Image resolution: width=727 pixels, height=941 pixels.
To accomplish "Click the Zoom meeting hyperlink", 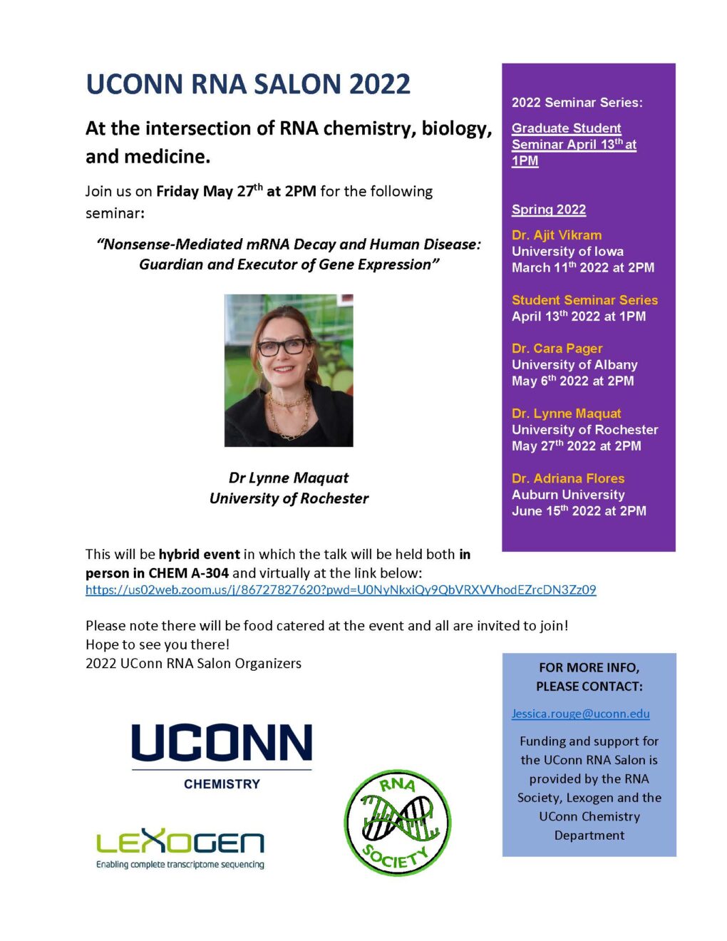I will pos(341,590).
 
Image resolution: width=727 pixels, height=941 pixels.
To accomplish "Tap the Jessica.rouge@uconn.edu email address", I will pos(580,714).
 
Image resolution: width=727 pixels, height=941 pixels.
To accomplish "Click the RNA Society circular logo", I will pos(397,822).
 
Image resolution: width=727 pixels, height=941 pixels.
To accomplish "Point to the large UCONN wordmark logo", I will pos(222,743).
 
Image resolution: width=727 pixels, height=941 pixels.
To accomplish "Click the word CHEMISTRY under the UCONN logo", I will pos(222,784).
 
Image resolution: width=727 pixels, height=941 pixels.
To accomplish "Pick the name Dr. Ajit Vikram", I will pos(557,235).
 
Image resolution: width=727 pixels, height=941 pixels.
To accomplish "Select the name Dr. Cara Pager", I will pos(557,349).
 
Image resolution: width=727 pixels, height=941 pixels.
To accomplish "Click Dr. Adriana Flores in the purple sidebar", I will pos(568,478).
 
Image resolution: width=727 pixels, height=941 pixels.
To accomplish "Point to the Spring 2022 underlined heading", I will pos(549,210).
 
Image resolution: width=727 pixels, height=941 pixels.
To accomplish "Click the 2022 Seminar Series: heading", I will pos(577,103).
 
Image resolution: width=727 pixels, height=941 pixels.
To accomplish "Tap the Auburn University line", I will pos(568,495).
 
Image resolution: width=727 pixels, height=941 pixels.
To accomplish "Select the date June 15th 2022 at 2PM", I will pos(579,511).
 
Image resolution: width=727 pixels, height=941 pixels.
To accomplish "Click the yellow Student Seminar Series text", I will pos(584,300).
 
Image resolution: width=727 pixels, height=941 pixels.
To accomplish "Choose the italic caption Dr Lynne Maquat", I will pos(289,478).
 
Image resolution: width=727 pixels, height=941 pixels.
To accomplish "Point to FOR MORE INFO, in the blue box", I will pos(589,668).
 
